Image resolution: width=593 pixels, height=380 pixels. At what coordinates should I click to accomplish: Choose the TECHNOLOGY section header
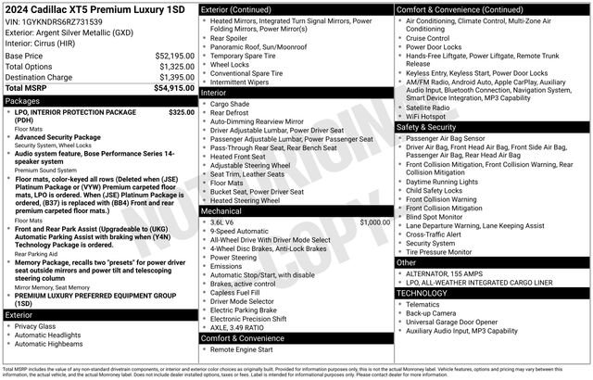pyautogui.click(x=425, y=292)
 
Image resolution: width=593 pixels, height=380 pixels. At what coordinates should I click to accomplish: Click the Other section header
pyautogui.click(x=407, y=262)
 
